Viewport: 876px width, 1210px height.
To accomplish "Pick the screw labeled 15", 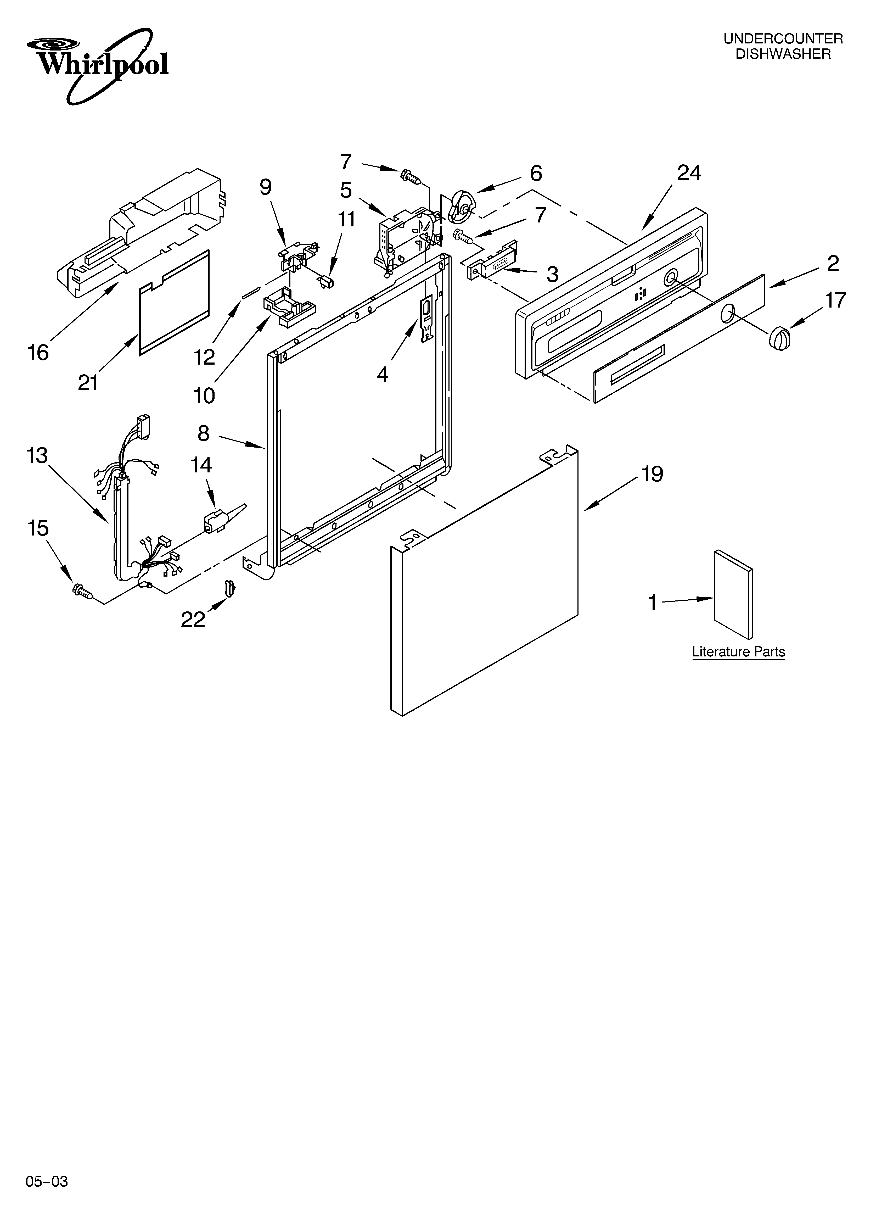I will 82,590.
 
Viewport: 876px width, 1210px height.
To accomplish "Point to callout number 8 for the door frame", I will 203,433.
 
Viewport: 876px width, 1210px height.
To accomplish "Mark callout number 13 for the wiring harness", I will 37,456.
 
